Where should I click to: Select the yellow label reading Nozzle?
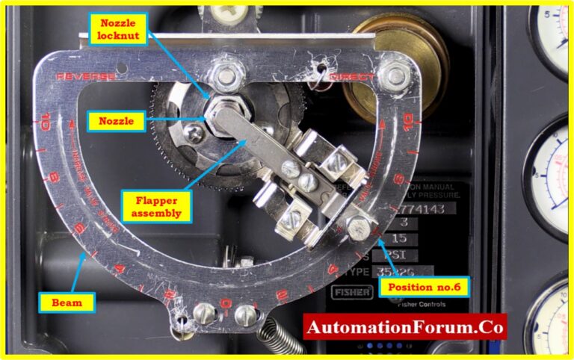(x=117, y=120)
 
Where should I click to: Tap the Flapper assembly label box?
(x=156, y=204)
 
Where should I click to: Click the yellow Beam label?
(x=67, y=302)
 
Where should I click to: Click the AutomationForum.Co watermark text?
(x=404, y=327)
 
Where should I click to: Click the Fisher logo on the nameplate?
(x=351, y=292)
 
